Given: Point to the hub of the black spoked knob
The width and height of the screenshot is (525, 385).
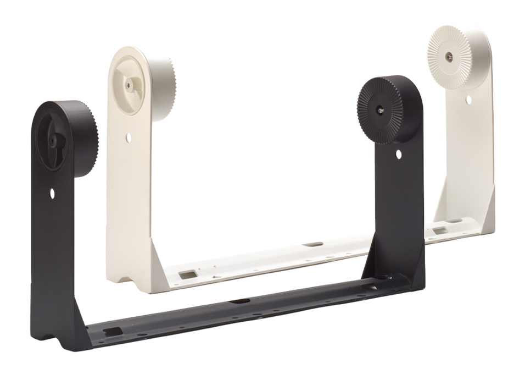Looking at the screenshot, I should tap(52, 141).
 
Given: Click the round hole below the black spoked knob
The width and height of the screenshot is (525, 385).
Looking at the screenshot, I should tap(53, 193).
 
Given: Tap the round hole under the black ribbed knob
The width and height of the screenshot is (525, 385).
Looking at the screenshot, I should tap(398, 156).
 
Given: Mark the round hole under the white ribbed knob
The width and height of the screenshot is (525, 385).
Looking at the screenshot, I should tap(468, 100).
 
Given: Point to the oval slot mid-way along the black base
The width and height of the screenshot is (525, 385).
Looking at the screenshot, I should tap(240, 301).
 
